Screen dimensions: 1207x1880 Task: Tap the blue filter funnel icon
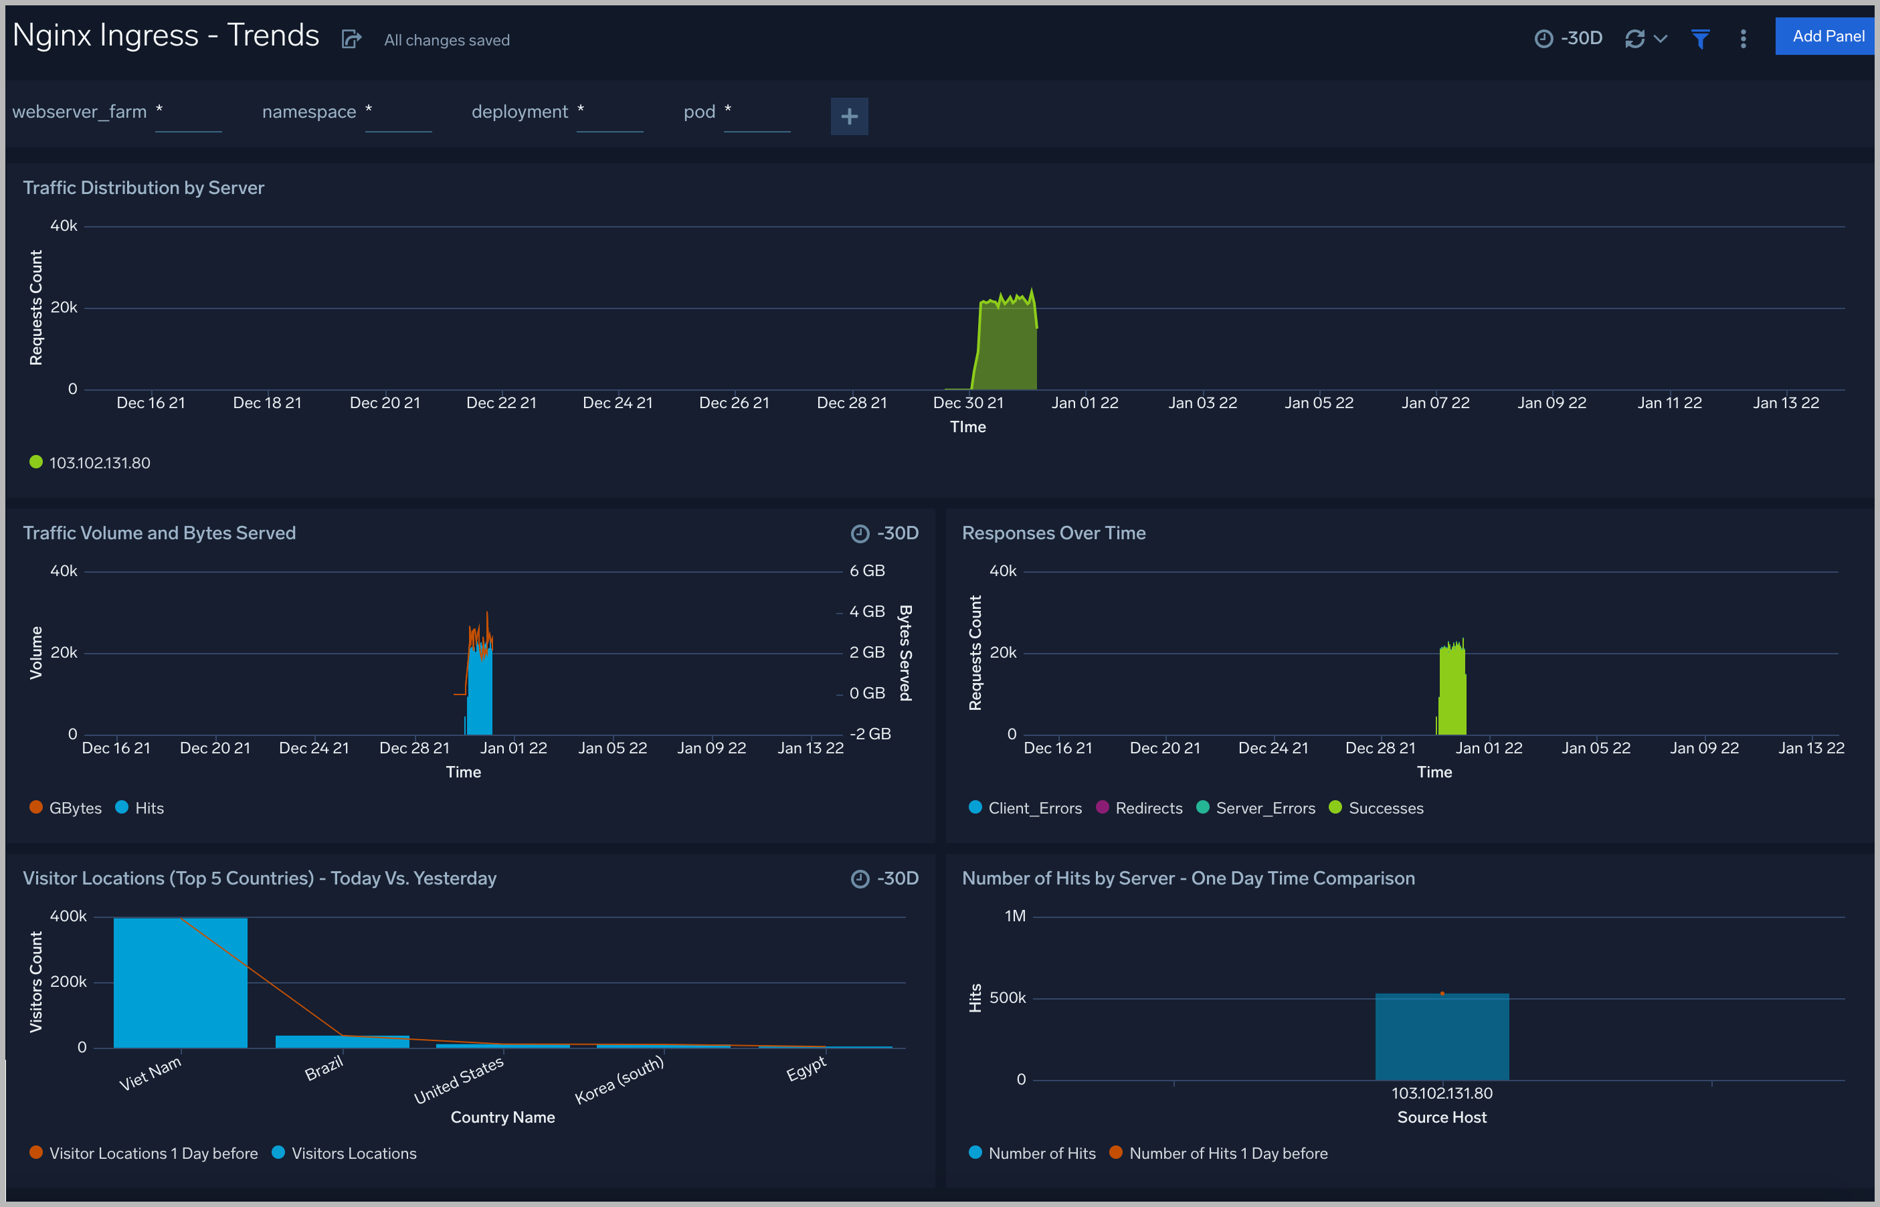pyautogui.click(x=1700, y=38)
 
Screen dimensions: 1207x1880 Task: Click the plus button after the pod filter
pyautogui.click(x=849, y=117)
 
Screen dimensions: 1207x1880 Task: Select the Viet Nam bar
pyautogui.click(x=180, y=983)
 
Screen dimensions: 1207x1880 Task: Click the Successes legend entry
pyautogui.click(x=1385, y=808)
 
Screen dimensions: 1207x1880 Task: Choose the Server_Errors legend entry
pyautogui.click(x=1264, y=808)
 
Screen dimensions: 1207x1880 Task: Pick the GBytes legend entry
pyautogui.click(x=74, y=808)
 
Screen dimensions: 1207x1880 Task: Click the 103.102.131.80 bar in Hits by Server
pyautogui.click(x=1441, y=1036)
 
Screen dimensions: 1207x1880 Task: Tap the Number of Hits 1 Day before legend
pyautogui.click(x=1227, y=1153)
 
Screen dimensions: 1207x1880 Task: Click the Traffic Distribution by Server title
pyautogui.click(x=143, y=188)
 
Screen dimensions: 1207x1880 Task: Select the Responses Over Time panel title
pyautogui.click(x=1053, y=533)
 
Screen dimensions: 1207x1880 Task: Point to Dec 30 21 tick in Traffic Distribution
pyautogui.click(x=968, y=403)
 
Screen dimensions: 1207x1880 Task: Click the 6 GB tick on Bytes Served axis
pyautogui.click(x=866, y=571)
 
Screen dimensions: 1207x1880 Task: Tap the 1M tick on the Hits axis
pyautogui.click(x=1015, y=916)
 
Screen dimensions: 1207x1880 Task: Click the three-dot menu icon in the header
pyautogui.click(x=1743, y=38)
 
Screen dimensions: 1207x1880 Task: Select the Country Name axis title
pyautogui.click(x=502, y=1117)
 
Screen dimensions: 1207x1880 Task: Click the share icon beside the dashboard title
pyautogui.click(x=351, y=39)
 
